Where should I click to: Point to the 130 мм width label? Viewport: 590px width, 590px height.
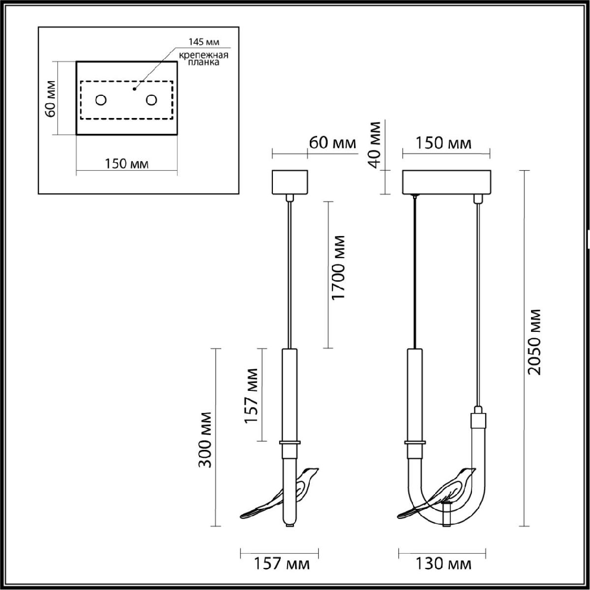click(442, 564)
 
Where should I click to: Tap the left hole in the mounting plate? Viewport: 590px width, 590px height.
click(101, 100)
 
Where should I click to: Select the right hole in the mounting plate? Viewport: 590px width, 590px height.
click(151, 100)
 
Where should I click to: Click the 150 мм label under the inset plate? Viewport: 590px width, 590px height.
click(126, 164)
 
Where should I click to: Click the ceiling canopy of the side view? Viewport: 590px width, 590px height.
click(290, 182)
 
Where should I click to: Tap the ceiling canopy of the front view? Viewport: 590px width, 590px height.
click(446, 182)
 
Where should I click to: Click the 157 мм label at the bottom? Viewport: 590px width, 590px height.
click(281, 564)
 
